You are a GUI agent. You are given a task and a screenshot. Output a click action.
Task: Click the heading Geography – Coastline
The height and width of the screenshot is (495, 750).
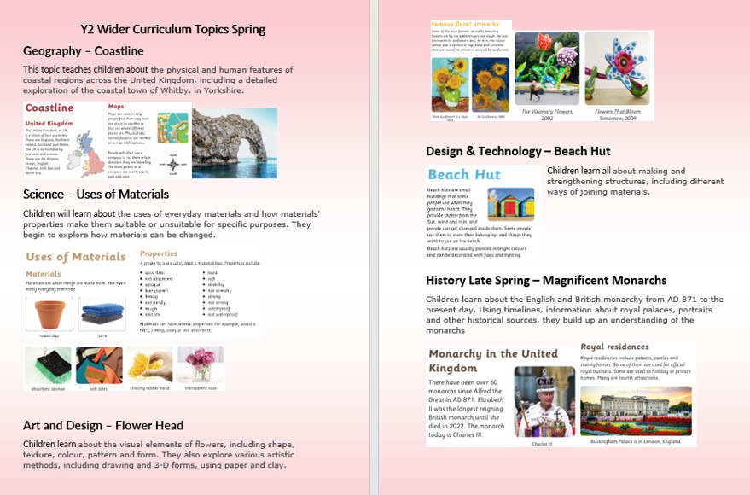[x=83, y=50]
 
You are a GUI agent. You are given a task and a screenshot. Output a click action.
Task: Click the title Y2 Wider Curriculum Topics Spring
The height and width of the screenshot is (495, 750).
[x=173, y=29]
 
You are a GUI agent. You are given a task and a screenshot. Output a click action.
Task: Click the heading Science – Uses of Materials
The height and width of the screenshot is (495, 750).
[x=96, y=194]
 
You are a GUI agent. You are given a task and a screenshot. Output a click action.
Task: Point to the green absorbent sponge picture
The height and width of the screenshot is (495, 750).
[x=48, y=365]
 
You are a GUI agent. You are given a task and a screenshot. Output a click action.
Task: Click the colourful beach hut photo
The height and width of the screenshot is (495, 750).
[x=510, y=205]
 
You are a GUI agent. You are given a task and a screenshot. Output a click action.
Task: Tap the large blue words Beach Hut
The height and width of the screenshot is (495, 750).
[x=464, y=175]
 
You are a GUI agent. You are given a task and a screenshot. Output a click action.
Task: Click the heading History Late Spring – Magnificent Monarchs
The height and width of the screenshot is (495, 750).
[x=546, y=280]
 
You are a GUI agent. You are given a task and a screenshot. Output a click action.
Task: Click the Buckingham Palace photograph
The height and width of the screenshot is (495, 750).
[x=636, y=411]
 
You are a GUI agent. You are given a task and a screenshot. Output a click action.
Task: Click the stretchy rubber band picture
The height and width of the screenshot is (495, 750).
[x=150, y=364]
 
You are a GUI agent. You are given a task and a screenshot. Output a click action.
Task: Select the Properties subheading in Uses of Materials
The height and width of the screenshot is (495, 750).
[x=159, y=253]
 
